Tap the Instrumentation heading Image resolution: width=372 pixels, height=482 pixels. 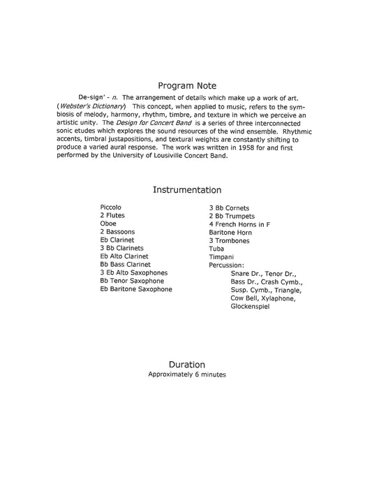[x=186, y=189]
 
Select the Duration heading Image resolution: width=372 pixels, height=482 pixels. [x=186, y=364]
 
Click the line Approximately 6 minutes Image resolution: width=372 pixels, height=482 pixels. [x=186, y=374]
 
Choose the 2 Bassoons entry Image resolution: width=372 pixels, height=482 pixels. [x=117, y=232]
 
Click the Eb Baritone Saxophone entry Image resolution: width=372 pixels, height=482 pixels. [x=135, y=289]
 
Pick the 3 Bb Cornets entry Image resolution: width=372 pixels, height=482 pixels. [x=229, y=208]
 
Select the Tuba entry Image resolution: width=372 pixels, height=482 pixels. [x=216, y=249]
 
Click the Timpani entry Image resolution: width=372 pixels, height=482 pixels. [x=221, y=257]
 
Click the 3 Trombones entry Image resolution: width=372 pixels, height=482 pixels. [x=229, y=240]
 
